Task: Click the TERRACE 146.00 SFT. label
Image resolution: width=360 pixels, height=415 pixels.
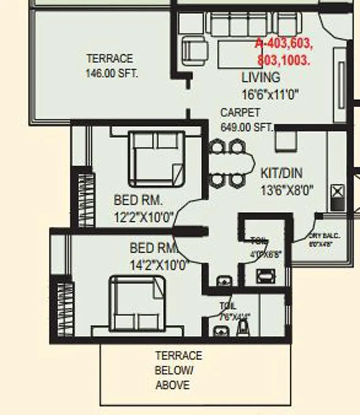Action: pos(111,66)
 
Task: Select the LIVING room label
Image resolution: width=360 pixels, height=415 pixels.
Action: pos(260,77)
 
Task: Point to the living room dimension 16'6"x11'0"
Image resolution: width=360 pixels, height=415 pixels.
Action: pos(270,95)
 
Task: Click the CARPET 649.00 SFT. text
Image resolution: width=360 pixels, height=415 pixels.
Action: pos(246,120)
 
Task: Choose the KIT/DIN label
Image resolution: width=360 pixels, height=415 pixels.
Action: pos(282,173)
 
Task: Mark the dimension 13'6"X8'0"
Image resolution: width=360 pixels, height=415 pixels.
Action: pos(287,191)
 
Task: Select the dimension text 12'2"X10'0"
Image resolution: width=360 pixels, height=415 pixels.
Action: pos(144,217)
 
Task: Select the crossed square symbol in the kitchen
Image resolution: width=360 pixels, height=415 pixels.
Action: pos(338,192)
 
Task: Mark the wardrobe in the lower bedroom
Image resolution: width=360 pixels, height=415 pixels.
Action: pos(65,308)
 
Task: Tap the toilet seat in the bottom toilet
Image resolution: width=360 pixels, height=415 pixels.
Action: pos(242,328)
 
